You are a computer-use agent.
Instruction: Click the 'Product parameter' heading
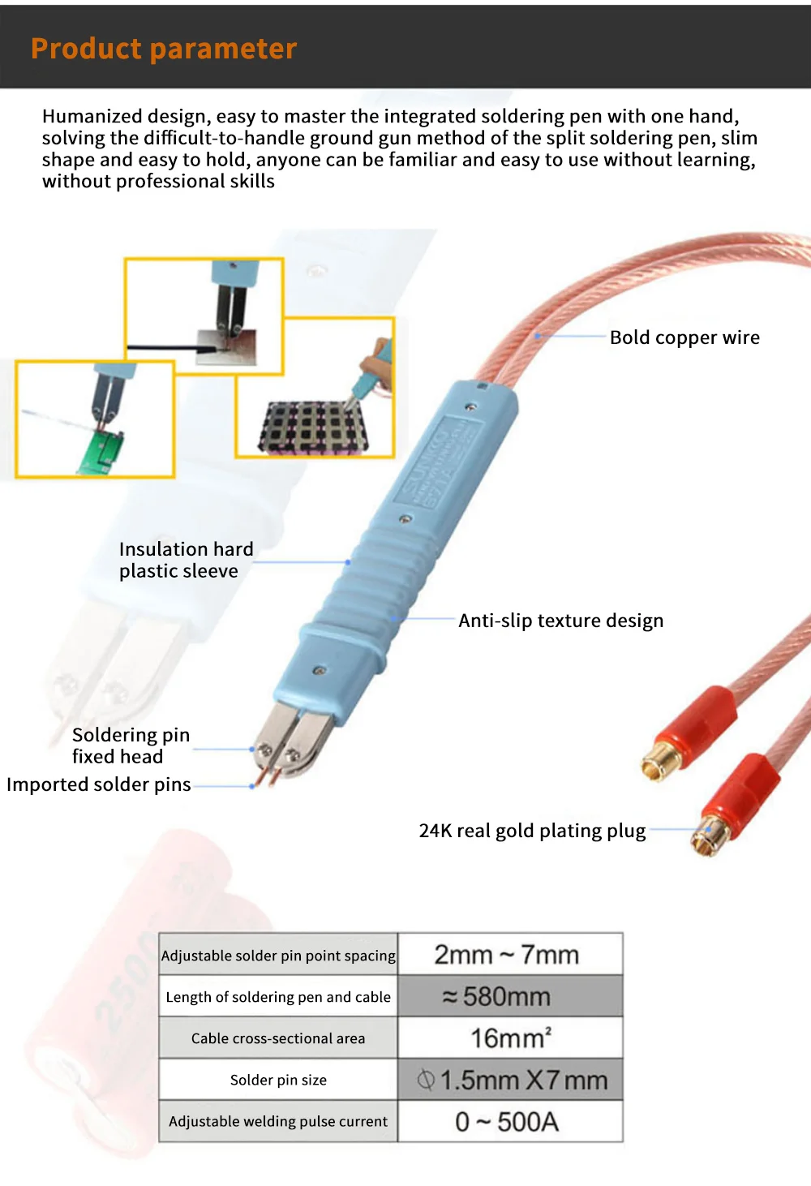click(x=164, y=49)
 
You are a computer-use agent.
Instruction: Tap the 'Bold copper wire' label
click(x=684, y=337)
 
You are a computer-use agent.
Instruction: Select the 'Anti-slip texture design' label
click(x=560, y=621)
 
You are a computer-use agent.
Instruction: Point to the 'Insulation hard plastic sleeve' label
click(x=186, y=560)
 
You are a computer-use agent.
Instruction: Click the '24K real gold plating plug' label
click(x=532, y=831)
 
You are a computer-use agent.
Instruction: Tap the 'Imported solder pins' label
click(x=99, y=784)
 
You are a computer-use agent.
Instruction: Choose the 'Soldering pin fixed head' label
click(x=131, y=746)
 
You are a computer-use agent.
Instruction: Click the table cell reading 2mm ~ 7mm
click(x=509, y=955)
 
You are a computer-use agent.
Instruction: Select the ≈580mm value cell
click(x=509, y=996)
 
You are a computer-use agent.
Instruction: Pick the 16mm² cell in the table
click(x=509, y=1038)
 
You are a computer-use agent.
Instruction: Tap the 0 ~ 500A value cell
click(x=509, y=1122)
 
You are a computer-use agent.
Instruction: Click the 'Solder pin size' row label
click(x=278, y=1080)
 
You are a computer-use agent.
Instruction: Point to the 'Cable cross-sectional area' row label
click(x=278, y=1038)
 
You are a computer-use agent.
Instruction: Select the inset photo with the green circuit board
click(x=95, y=419)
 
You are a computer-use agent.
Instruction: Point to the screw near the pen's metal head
click(x=320, y=670)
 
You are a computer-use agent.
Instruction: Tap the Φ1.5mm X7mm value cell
click(x=509, y=1080)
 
